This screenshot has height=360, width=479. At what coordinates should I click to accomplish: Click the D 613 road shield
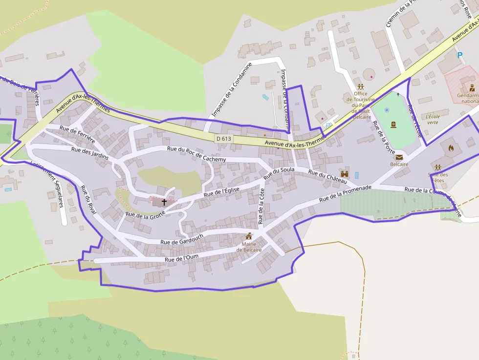(223, 139)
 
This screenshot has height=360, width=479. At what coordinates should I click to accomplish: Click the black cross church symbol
(164, 201)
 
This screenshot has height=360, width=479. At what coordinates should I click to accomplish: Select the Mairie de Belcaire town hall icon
(249, 236)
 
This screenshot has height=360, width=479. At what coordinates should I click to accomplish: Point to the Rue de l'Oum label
(181, 258)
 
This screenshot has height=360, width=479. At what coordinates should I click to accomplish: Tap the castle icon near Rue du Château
(345, 173)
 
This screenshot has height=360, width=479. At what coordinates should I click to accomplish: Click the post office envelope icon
(399, 157)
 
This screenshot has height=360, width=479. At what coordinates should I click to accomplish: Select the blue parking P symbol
(459, 55)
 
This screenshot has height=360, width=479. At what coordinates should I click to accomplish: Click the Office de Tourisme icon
(361, 86)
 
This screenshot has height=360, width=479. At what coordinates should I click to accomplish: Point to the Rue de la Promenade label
(345, 193)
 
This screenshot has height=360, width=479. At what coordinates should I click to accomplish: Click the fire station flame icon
(450, 147)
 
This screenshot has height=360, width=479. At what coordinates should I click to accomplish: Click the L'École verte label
(433, 120)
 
